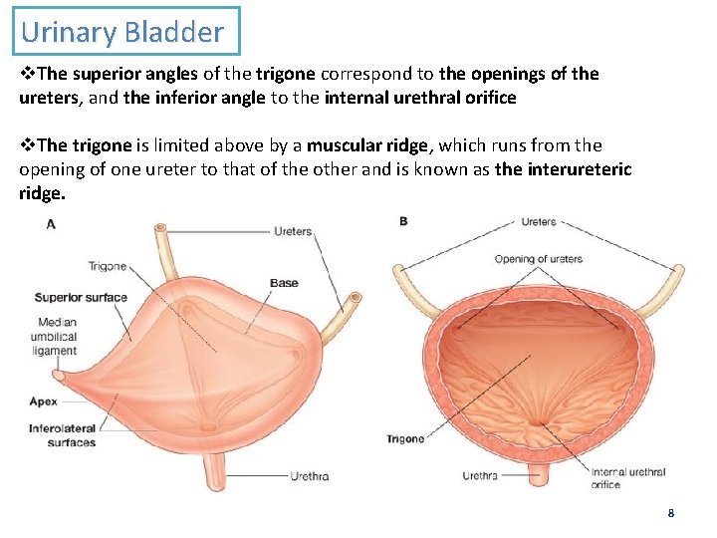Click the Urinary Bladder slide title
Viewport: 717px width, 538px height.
(122, 32)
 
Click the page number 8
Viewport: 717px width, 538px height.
(670, 513)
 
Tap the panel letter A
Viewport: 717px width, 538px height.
(51, 224)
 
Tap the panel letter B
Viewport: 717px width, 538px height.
(403, 221)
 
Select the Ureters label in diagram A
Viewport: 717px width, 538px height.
(293, 231)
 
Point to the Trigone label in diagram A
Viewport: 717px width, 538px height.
(108, 266)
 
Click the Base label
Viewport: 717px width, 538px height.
(284, 283)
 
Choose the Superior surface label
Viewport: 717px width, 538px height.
(81, 297)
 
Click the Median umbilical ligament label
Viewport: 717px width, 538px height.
(58, 336)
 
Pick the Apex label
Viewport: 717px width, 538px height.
(44, 402)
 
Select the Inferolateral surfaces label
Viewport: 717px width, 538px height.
(63, 435)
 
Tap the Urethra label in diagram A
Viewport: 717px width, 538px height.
(309, 476)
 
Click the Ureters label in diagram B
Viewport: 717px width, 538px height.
(539, 221)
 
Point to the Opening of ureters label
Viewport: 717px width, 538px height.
(539, 259)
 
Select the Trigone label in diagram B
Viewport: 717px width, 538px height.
(405, 438)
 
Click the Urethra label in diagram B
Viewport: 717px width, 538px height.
(480, 476)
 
